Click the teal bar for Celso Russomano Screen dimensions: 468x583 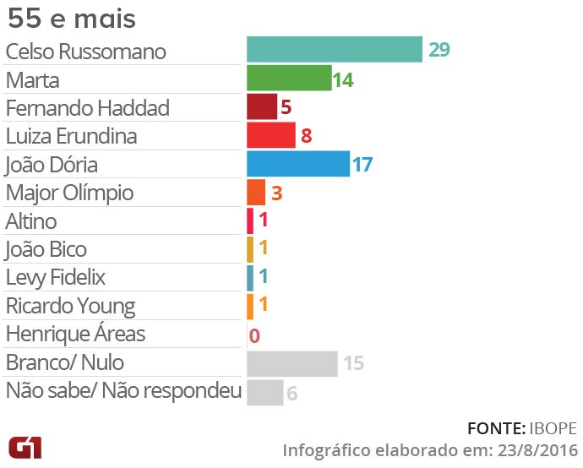click(334, 50)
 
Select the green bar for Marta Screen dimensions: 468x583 click(288, 79)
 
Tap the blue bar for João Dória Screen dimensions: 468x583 click(297, 164)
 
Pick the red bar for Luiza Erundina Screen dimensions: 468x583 click(270, 135)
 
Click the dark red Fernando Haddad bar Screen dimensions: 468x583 click(261, 107)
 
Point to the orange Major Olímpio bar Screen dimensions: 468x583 click(256, 193)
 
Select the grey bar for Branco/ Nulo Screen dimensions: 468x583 click(291, 363)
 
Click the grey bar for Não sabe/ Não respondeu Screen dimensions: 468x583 click(264, 392)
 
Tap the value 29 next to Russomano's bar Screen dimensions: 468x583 click(439, 50)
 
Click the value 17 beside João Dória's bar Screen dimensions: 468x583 click(362, 164)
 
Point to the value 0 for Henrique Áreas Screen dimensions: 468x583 click(254, 335)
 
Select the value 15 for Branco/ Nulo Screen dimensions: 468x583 click(353, 363)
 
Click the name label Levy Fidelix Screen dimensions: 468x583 click(56, 278)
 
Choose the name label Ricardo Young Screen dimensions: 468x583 click(70, 306)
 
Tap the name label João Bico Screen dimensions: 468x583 click(46, 249)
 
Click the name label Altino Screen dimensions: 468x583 click(31, 221)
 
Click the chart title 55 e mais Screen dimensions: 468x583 click(71, 19)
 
